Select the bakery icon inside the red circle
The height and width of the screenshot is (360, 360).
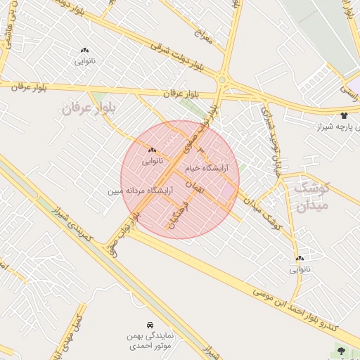click(152, 150)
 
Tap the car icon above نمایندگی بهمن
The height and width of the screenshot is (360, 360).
click(150, 326)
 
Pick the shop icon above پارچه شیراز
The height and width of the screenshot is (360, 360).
click(343, 115)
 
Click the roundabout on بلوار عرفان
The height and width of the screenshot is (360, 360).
click(223, 81)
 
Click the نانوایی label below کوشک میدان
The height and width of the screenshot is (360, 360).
click(298, 269)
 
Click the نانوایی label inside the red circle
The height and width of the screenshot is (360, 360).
click(152, 161)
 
